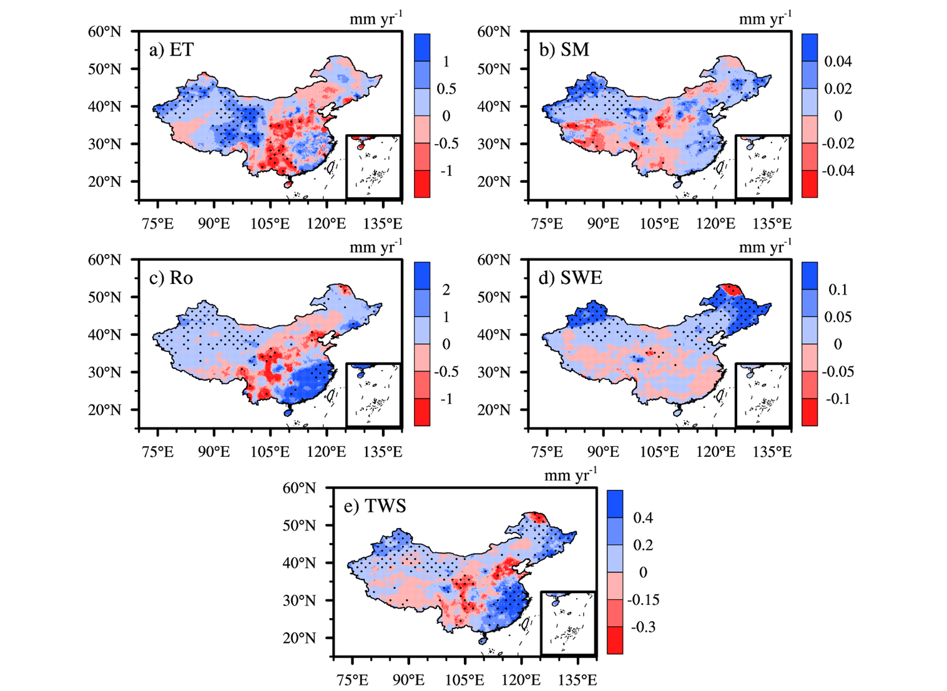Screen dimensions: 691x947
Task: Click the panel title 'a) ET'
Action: click(x=171, y=49)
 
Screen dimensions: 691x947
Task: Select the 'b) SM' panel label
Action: click(x=564, y=49)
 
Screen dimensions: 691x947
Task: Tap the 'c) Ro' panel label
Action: click(x=171, y=278)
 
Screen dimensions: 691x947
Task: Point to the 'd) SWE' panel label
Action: click(x=570, y=278)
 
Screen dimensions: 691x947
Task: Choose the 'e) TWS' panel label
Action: click(x=375, y=506)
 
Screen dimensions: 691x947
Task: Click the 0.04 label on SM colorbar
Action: click(x=838, y=61)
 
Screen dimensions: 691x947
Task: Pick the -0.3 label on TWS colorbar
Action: click(x=643, y=627)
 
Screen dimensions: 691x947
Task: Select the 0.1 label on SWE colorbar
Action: click(x=838, y=290)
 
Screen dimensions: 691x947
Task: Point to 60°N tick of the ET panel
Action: click(x=104, y=32)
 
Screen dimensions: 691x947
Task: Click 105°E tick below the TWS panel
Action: click(x=465, y=679)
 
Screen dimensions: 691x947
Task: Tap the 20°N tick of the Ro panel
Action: click(x=104, y=410)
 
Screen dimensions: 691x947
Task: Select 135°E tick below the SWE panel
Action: click(x=772, y=451)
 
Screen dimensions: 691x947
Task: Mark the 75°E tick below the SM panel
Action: click(x=547, y=223)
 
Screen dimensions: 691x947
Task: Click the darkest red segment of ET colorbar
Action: click(x=422, y=184)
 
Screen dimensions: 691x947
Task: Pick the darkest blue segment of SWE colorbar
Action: click(x=810, y=276)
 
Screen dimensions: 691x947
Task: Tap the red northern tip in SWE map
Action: click(x=730, y=290)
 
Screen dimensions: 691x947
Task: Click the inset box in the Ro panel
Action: click(x=373, y=395)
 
